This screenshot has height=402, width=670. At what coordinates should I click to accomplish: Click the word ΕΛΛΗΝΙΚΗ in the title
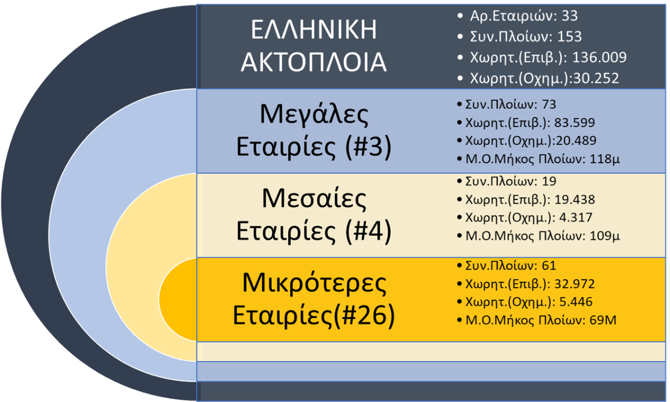tap(314, 30)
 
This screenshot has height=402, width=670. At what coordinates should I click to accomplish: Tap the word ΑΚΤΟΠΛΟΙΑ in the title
tap(314, 62)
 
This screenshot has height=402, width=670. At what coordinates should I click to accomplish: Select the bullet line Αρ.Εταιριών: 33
tap(524, 16)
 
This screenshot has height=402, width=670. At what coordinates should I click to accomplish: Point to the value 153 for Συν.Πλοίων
tap(569, 37)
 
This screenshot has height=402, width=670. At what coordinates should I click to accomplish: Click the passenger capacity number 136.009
tap(599, 57)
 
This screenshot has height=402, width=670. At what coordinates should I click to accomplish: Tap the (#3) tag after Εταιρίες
tap(368, 147)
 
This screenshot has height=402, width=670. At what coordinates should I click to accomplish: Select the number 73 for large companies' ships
tap(549, 104)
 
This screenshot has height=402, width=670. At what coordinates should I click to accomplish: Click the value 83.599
tap(575, 123)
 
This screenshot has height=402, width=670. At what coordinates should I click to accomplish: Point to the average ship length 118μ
tap(605, 159)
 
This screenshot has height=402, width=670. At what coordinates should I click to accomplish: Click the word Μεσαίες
tap(314, 199)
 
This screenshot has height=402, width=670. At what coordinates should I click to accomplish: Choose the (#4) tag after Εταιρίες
tap(368, 231)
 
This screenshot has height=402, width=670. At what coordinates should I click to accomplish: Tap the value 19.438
tap(575, 199)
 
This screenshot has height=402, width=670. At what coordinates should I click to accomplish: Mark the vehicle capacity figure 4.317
tap(576, 217)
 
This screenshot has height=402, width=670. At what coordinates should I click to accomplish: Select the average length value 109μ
tap(605, 236)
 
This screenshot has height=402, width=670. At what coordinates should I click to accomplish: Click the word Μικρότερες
tap(314, 283)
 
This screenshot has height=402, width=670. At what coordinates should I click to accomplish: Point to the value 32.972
tap(575, 284)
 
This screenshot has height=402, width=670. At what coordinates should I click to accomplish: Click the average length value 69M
tap(603, 320)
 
